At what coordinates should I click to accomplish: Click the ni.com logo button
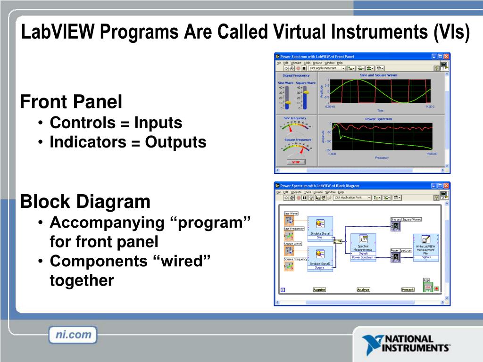pos(73,335)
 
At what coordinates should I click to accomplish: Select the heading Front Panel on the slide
pos(71,101)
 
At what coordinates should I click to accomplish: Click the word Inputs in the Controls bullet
pos(158,123)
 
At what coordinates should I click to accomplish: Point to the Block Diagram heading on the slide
pos(85,202)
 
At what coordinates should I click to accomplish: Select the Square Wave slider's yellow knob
pos(305,93)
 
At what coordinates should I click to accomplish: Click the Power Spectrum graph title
pos(378,119)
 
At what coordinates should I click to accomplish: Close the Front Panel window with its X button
pos(446,56)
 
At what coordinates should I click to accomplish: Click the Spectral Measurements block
pos(363,245)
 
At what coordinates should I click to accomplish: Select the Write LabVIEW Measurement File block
pos(425,245)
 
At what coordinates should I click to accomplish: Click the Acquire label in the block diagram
pos(319,289)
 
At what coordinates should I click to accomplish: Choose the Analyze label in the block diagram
pos(363,289)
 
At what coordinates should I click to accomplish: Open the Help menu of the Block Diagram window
pos(341,192)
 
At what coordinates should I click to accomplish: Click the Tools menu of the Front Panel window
pos(307,63)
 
